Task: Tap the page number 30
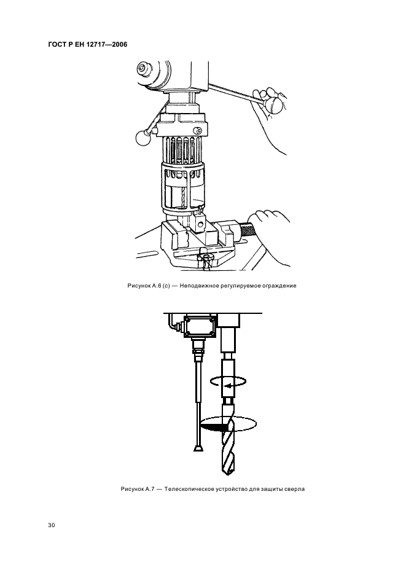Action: click(x=52, y=525)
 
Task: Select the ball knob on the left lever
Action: click(x=143, y=138)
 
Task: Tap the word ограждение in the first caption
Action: click(x=279, y=286)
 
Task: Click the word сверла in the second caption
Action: click(x=295, y=489)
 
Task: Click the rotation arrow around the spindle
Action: click(x=228, y=381)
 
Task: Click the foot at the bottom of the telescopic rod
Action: click(x=198, y=448)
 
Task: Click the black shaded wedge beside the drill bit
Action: click(x=214, y=426)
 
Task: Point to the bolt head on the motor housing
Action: click(x=142, y=68)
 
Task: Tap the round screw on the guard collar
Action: click(x=198, y=130)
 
